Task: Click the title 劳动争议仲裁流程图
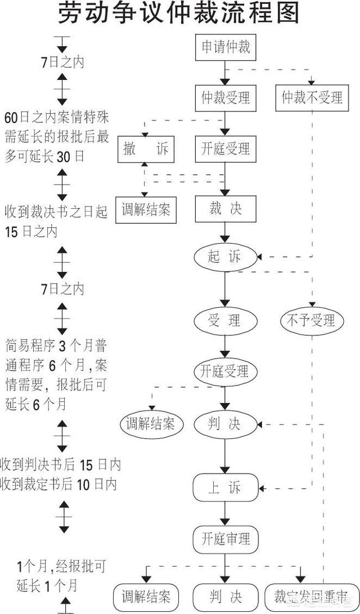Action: (x=179, y=14)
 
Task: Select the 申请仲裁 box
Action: (x=226, y=48)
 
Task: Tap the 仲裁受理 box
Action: (x=226, y=98)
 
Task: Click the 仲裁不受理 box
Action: (x=312, y=98)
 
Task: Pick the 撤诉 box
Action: (x=146, y=150)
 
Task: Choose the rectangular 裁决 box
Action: (x=226, y=209)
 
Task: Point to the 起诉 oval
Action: (x=225, y=257)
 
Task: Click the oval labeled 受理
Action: (x=225, y=320)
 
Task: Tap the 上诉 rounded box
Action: (x=226, y=487)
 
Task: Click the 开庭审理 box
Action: (x=226, y=539)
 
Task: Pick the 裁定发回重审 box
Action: (x=303, y=595)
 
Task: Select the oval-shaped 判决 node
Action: (x=225, y=424)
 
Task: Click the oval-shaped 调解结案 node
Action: (x=150, y=424)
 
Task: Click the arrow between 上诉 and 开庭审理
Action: (x=226, y=513)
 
